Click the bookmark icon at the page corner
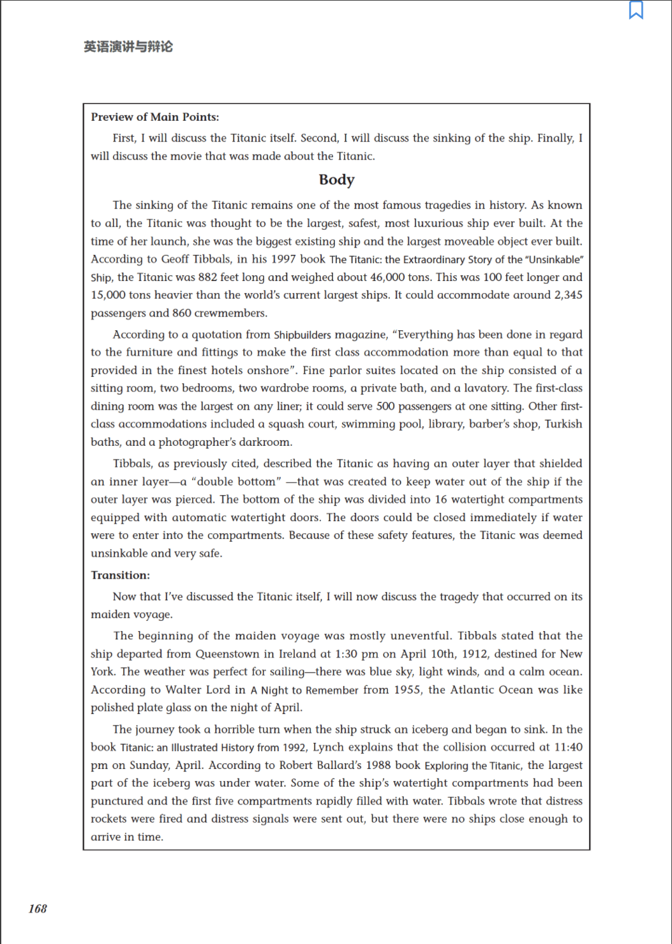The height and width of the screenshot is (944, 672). coord(636,10)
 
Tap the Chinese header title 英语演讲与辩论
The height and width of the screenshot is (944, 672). coord(128,47)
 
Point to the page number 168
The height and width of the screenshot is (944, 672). coord(38,909)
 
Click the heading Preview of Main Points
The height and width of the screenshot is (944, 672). coord(154,117)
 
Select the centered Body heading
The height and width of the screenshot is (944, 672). coord(336,180)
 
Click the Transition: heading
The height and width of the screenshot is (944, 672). coord(120,575)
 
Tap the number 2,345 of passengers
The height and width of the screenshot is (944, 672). coord(568,295)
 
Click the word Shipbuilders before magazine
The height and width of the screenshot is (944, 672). coord(302,335)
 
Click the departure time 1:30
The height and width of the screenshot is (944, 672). coord(348,654)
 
